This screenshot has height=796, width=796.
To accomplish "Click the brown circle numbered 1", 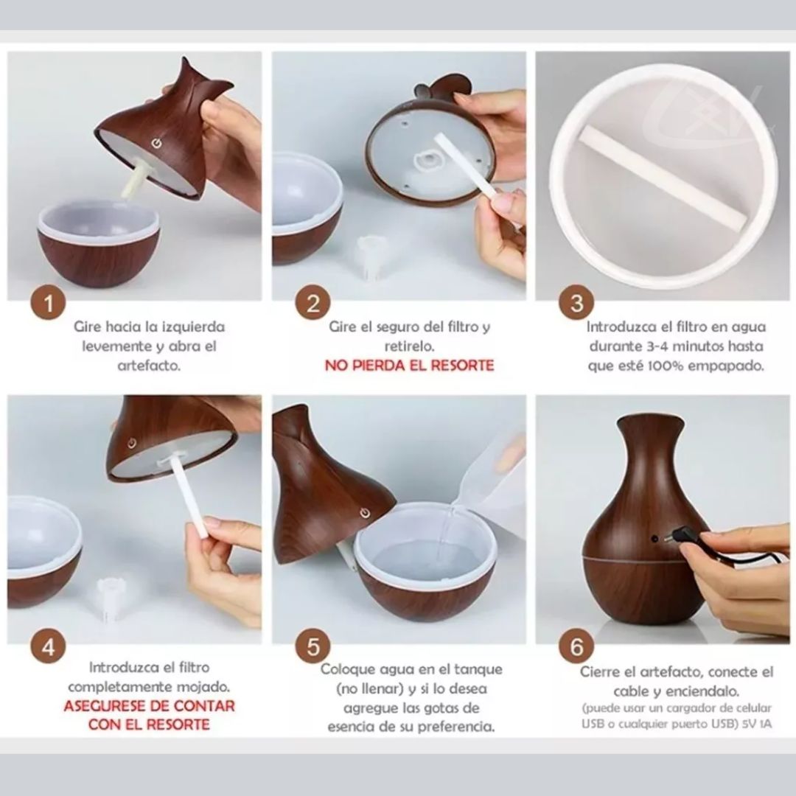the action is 48,303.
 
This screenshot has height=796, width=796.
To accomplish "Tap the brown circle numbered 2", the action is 313,303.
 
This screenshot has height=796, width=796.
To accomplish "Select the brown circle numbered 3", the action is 576,303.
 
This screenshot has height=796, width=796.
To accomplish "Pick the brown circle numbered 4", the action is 48,647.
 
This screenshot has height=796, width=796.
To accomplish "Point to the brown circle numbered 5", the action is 313,647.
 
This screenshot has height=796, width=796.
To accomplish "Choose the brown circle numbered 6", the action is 576,647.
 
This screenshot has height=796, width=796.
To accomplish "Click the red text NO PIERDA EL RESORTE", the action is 409,366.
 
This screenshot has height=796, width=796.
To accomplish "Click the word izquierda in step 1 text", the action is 193,327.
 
